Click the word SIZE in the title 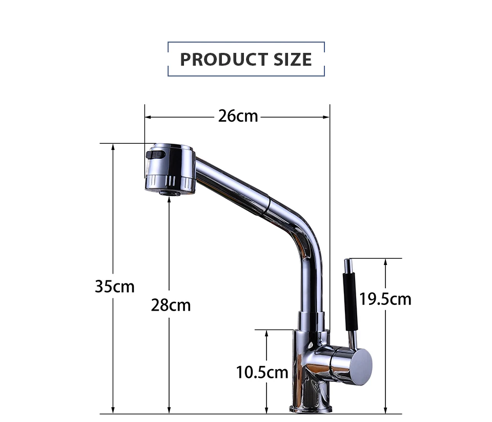pyautogui.click(x=293, y=60)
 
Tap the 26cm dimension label pyautogui.click(x=238, y=116)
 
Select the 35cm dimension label pyautogui.click(x=115, y=286)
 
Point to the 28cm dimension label pyautogui.click(x=171, y=305)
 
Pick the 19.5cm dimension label pyautogui.click(x=385, y=299)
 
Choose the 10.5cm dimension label pyautogui.click(x=262, y=372)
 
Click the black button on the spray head pyautogui.click(x=155, y=155)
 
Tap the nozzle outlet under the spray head pyautogui.click(x=170, y=193)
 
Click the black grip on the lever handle pyautogui.click(x=351, y=302)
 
